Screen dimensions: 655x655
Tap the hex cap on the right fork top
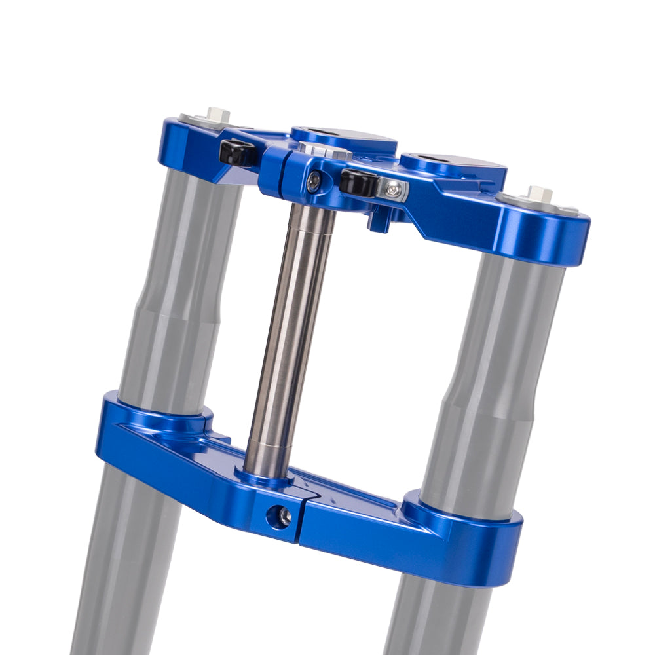click(x=539, y=194)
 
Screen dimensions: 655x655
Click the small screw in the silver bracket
click(x=392, y=190)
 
